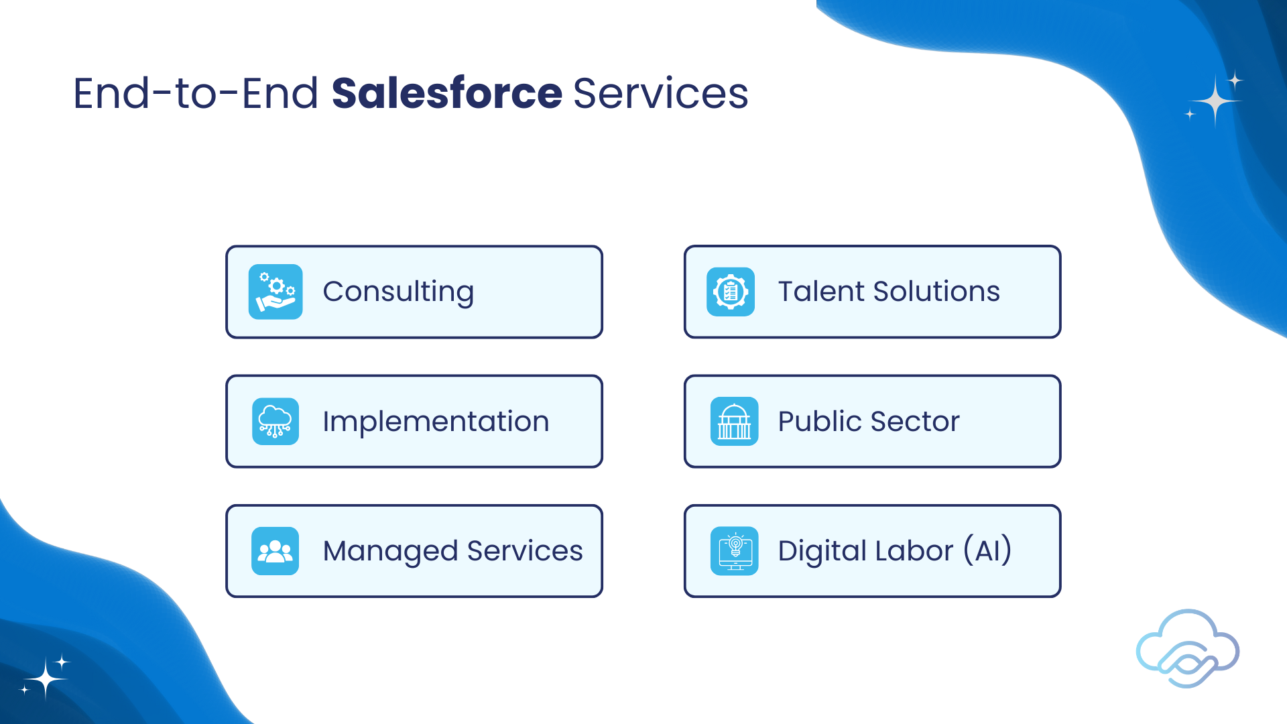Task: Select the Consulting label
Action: point(398,292)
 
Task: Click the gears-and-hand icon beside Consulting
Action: point(275,292)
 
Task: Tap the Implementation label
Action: point(436,422)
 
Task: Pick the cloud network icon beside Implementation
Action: point(275,422)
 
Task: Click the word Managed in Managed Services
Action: point(390,551)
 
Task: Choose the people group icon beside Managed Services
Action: point(275,551)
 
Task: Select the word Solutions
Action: point(936,292)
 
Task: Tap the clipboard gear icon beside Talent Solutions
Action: point(731,292)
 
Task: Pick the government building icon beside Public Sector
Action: point(735,422)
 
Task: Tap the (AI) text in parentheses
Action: point(987,550)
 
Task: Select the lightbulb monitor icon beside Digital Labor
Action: point(735,551)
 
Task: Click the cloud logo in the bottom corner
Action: point(1188,648)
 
